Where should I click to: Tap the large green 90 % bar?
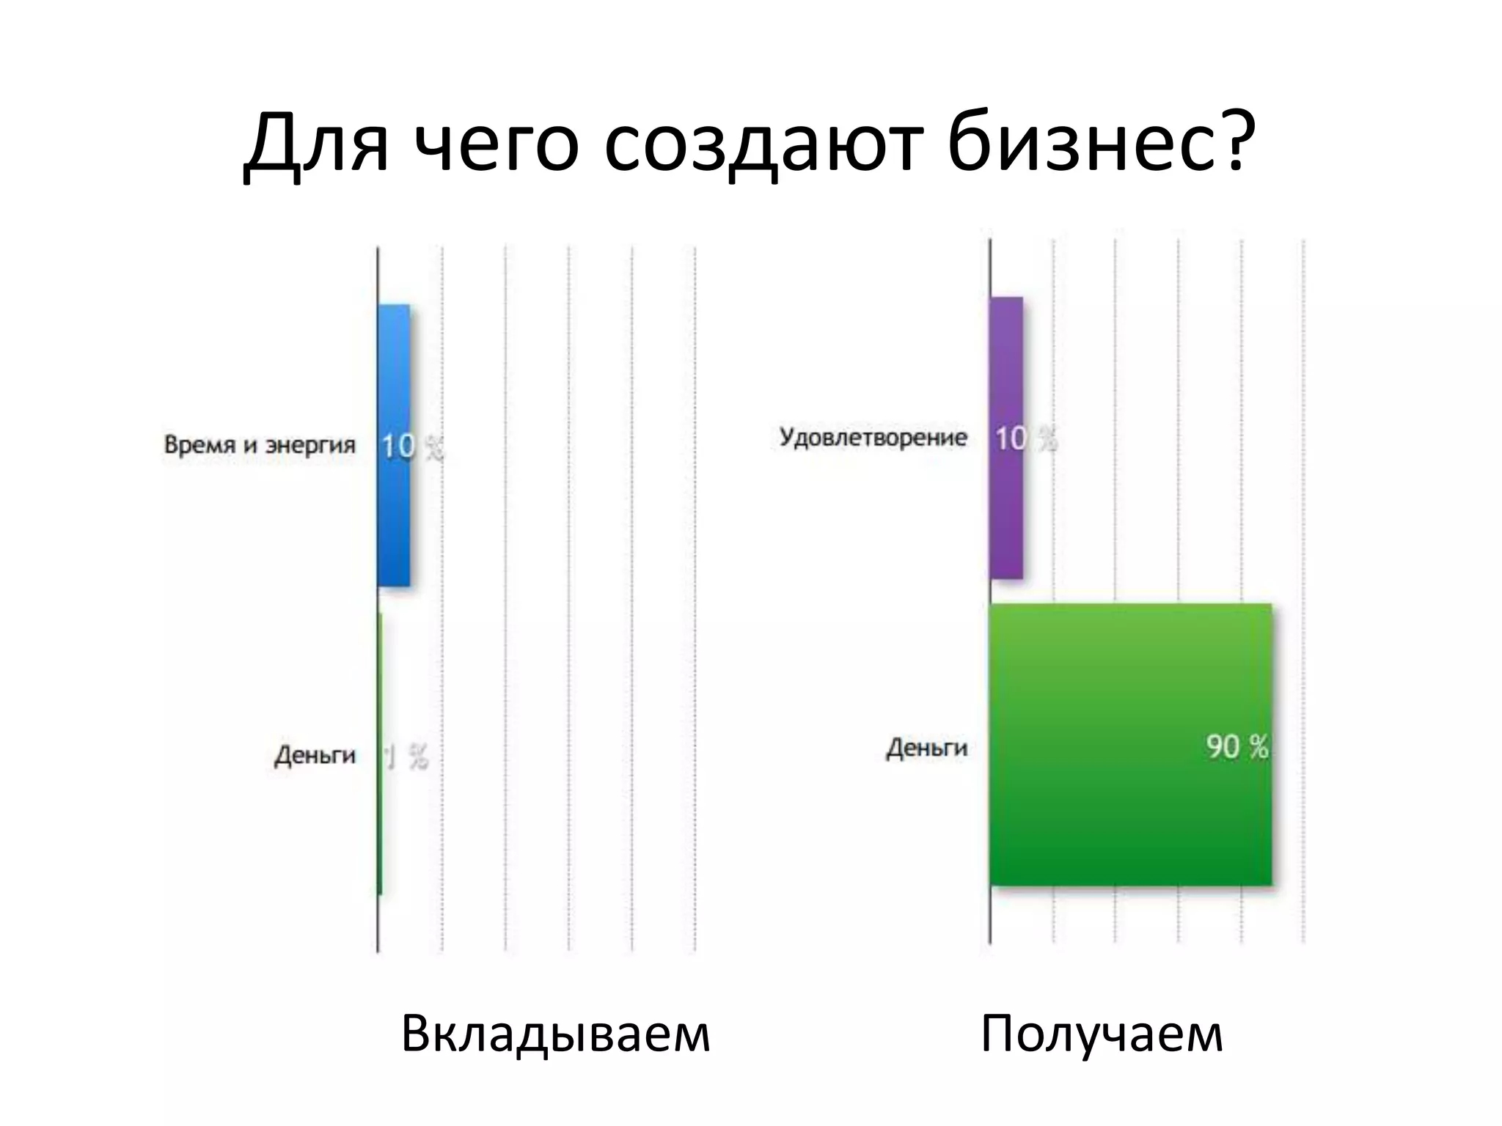point(1129,806)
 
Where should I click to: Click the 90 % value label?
point(1237,747)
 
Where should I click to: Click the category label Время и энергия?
point(260,445)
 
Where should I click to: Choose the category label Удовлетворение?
point(873,438)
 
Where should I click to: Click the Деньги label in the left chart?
point(315,755)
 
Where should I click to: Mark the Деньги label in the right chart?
point(927,748)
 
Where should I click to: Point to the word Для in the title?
point(315,143)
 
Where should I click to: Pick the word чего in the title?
point(497,143)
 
